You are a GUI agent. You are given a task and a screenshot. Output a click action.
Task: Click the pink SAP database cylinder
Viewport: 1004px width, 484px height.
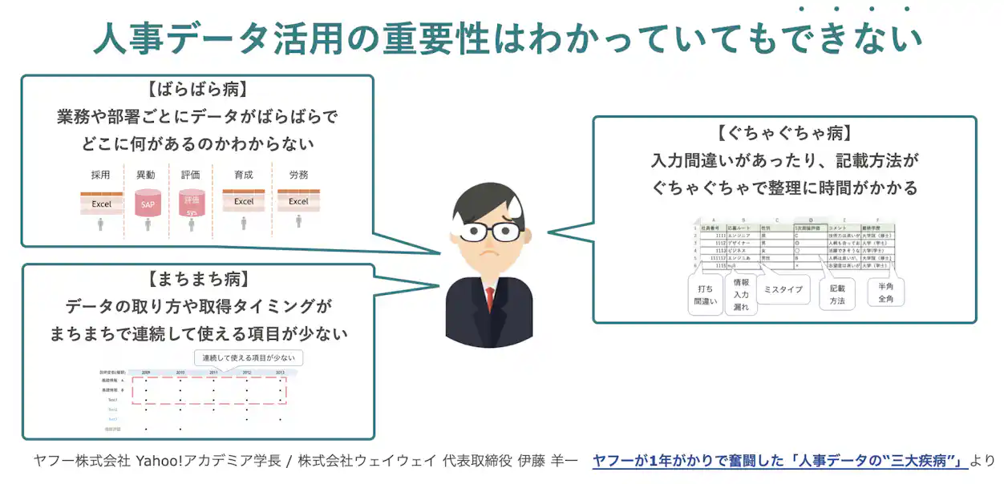tap(148, 204)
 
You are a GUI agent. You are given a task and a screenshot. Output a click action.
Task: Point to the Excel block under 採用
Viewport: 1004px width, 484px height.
tap(101, 203)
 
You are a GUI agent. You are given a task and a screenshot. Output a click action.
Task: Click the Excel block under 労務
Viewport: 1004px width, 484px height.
tap(298, 201)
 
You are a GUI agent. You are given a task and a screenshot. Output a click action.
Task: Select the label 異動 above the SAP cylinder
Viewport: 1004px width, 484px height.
tap(146, 175)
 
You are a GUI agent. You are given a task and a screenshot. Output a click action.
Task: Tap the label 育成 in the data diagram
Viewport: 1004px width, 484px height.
tap(244, 175)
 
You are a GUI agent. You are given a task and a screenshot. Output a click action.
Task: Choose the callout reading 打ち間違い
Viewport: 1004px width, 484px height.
tap(705, 295)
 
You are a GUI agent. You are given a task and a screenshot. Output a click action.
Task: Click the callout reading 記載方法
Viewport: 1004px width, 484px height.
tap(837, 293)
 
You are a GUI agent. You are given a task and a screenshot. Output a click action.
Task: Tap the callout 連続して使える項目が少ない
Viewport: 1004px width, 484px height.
tap(249, 357)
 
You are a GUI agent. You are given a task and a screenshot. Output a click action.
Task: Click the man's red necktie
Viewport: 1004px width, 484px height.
tap(489, 298)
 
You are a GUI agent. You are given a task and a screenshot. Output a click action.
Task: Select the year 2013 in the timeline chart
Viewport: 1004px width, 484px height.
tap(280, 373)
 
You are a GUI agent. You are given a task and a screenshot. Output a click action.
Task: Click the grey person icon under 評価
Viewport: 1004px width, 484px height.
tap(192, 225)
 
